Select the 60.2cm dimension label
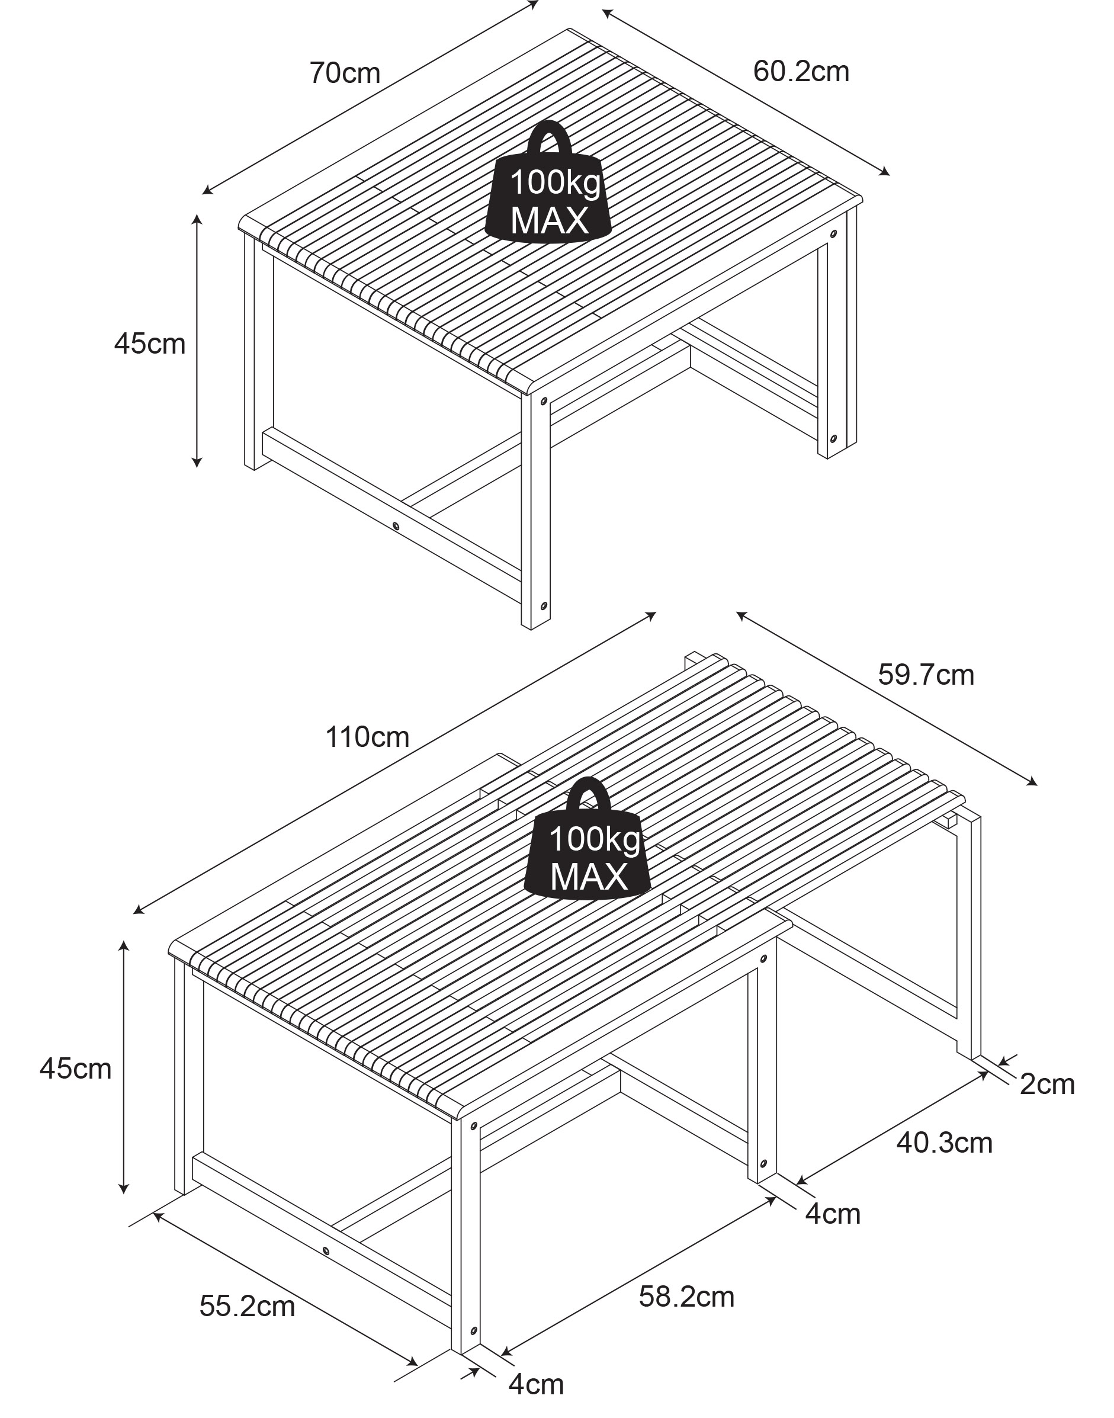(x=801, y=71)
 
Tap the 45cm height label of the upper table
(x=150, y=344)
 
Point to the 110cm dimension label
(x=367, y=737)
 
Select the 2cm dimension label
(x=1048, y=1084)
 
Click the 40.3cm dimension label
(x=945, y=1143)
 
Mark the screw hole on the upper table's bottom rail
(x=396, y=525)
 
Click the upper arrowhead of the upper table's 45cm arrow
(x=196, y=218)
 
